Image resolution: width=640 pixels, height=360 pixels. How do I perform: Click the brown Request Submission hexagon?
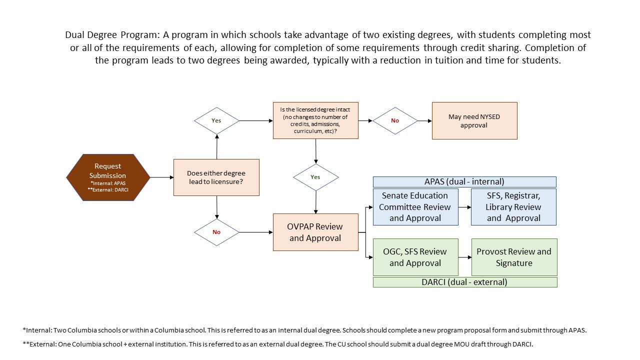tap(108, 177)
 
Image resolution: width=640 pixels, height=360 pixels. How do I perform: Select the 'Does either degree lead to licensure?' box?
tap(216, 177)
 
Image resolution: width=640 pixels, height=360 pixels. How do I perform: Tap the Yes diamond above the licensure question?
tap(216, 120)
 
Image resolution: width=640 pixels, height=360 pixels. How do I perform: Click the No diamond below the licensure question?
tap(216, 232)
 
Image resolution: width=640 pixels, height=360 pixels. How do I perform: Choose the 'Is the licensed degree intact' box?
tap(315, 120)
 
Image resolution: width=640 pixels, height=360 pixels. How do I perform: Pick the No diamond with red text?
tap(395, 120)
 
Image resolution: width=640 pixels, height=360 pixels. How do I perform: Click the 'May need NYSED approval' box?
tap(474, 120)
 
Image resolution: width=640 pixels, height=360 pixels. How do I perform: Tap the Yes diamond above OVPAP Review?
tap(315, 177)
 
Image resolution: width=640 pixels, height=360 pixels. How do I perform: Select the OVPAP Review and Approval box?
tap(315, 232)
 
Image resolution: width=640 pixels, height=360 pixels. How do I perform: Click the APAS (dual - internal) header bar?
tap(464, 182)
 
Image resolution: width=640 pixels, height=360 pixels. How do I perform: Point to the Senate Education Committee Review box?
tap(415, 207)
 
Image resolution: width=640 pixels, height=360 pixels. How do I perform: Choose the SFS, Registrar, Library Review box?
tap(513, 207)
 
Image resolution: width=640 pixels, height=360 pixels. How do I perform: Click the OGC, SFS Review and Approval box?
tap(415, 257)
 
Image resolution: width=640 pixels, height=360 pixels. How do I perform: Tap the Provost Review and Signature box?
tap(514, 257)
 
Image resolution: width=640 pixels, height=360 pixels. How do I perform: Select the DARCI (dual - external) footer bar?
tap(464, 282)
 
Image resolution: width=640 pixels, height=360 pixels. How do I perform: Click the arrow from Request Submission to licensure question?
tap(161, 177)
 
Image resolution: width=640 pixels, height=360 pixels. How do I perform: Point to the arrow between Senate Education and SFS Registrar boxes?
tap(464, 207)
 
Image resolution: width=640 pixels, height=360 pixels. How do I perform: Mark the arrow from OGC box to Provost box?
tap(464, 257)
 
